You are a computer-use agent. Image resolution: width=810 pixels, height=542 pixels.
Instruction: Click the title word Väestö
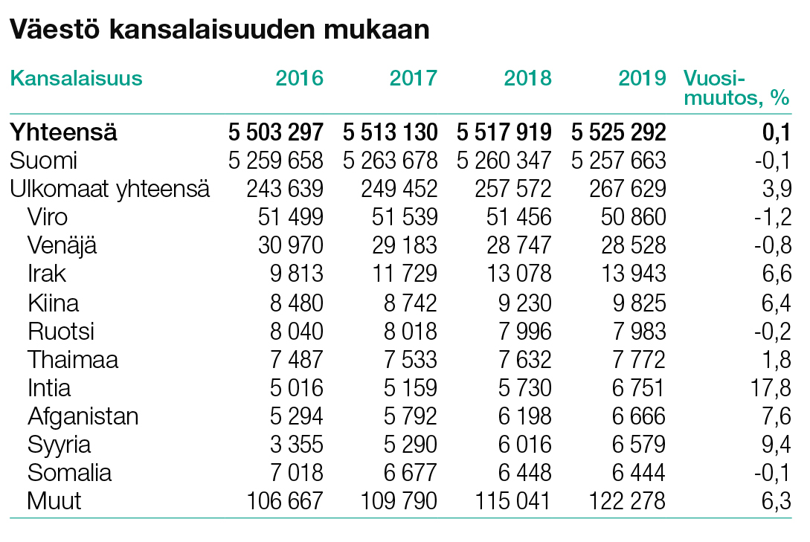(x=54, y=29)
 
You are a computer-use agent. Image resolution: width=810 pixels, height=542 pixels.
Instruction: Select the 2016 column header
(x=299, y=79)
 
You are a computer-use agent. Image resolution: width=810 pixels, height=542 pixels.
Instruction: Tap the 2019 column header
(x=642, y=79)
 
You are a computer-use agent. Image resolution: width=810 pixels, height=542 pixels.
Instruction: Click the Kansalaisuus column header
(x=76, y=79)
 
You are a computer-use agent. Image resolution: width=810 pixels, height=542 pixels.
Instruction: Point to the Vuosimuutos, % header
(x=736, y=88)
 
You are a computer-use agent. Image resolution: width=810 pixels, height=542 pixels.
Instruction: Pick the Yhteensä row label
(x=63, y=132)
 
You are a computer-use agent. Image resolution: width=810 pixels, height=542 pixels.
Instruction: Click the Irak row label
(x=47, y=274)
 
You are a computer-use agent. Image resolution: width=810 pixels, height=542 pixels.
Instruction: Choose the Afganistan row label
(x=83, y=416)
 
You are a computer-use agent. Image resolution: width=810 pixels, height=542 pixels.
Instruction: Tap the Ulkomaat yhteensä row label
(x=109, y=189)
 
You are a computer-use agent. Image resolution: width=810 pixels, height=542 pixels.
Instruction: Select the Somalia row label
(x=69, y=473)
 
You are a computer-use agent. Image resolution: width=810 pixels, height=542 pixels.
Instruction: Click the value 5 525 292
(x=618, y=132)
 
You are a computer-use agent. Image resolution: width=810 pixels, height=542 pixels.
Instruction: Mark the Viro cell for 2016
(x=291, y=217)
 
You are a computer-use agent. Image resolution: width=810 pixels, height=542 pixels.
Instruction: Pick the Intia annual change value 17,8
(x=771, y=388)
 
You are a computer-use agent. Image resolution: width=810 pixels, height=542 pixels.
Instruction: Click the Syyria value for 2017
(x=410, y=445)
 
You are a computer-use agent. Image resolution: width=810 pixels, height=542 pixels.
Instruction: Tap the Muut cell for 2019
(x=627, y=501)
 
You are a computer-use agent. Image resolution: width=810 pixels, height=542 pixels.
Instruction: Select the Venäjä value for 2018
(x=519, y=245)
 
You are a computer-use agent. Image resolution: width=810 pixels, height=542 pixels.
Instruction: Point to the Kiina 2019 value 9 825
(x=639, y=303)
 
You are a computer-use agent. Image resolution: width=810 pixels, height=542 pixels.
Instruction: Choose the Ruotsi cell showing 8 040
(x=297, y=332)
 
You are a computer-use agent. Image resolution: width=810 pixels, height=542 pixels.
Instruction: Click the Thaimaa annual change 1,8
(x=777, y=360)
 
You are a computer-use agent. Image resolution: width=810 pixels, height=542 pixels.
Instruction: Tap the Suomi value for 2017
(x=390, y=161)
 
